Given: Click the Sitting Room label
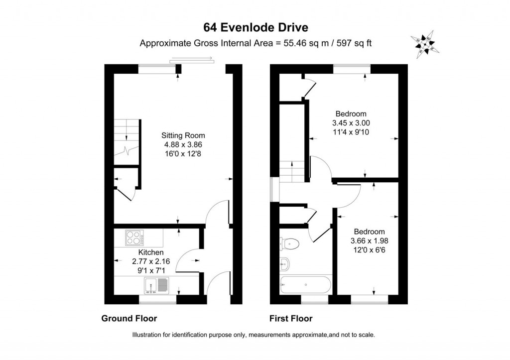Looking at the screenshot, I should (183, 135).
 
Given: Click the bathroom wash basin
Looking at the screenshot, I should (284, 263).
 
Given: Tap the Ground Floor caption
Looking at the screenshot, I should (129, 318).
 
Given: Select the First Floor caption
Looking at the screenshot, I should (291, 318).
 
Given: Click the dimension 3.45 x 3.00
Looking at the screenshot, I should (351, 123).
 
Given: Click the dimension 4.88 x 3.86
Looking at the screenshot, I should (183, 144).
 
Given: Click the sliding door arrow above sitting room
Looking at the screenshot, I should (192, 59).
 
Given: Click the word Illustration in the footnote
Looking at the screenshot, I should (148, 335).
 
